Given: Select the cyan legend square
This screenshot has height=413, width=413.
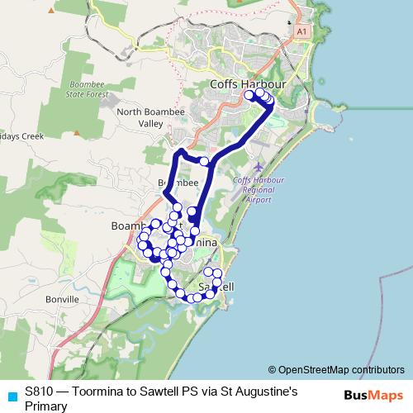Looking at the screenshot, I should click(x=12, y=396).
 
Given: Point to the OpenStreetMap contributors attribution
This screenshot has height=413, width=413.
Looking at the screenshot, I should click(x=341, y=370).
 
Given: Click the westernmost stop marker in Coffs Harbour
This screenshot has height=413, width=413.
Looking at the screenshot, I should click(x=249, y=95).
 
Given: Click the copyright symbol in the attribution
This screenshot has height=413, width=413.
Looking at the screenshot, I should click(x=272, y=370).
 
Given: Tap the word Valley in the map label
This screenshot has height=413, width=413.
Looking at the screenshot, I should click(x=150, y=123).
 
